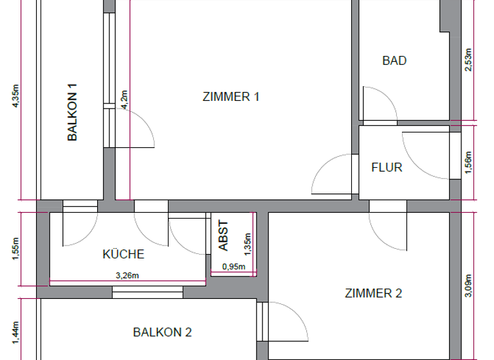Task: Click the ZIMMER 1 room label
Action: [231, 97]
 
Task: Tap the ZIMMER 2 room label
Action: [374, 293]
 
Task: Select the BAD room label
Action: [394, 61]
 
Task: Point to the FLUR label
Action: [387, 167]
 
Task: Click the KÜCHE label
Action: [123, 254]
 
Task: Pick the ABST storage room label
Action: [223, 236]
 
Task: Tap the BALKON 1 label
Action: [73, 113]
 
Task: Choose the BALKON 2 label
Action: [162, 332]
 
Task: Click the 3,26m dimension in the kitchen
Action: [127, 276]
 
